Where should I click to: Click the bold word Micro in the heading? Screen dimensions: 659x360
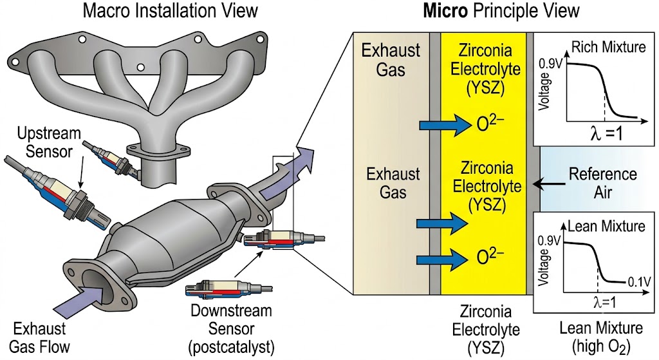tap(445, 10)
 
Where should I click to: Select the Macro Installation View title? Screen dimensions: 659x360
tap(170, 10)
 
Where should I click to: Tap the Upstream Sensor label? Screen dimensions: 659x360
tap(49, 142)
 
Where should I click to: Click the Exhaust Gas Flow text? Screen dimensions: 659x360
tap(39, 337)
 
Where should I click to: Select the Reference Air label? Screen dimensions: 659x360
tap(602, 183)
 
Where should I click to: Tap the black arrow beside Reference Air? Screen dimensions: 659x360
tap(548, 184)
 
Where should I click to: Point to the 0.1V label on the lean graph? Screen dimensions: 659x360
tap(639, 281)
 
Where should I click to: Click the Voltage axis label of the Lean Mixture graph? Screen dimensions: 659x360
tap(544, 267)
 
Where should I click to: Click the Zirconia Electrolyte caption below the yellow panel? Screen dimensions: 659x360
tap(485, 329)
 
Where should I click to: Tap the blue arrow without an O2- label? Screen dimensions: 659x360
tap(441, 223)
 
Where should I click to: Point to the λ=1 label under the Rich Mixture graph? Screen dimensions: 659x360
tap(607, 134)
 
